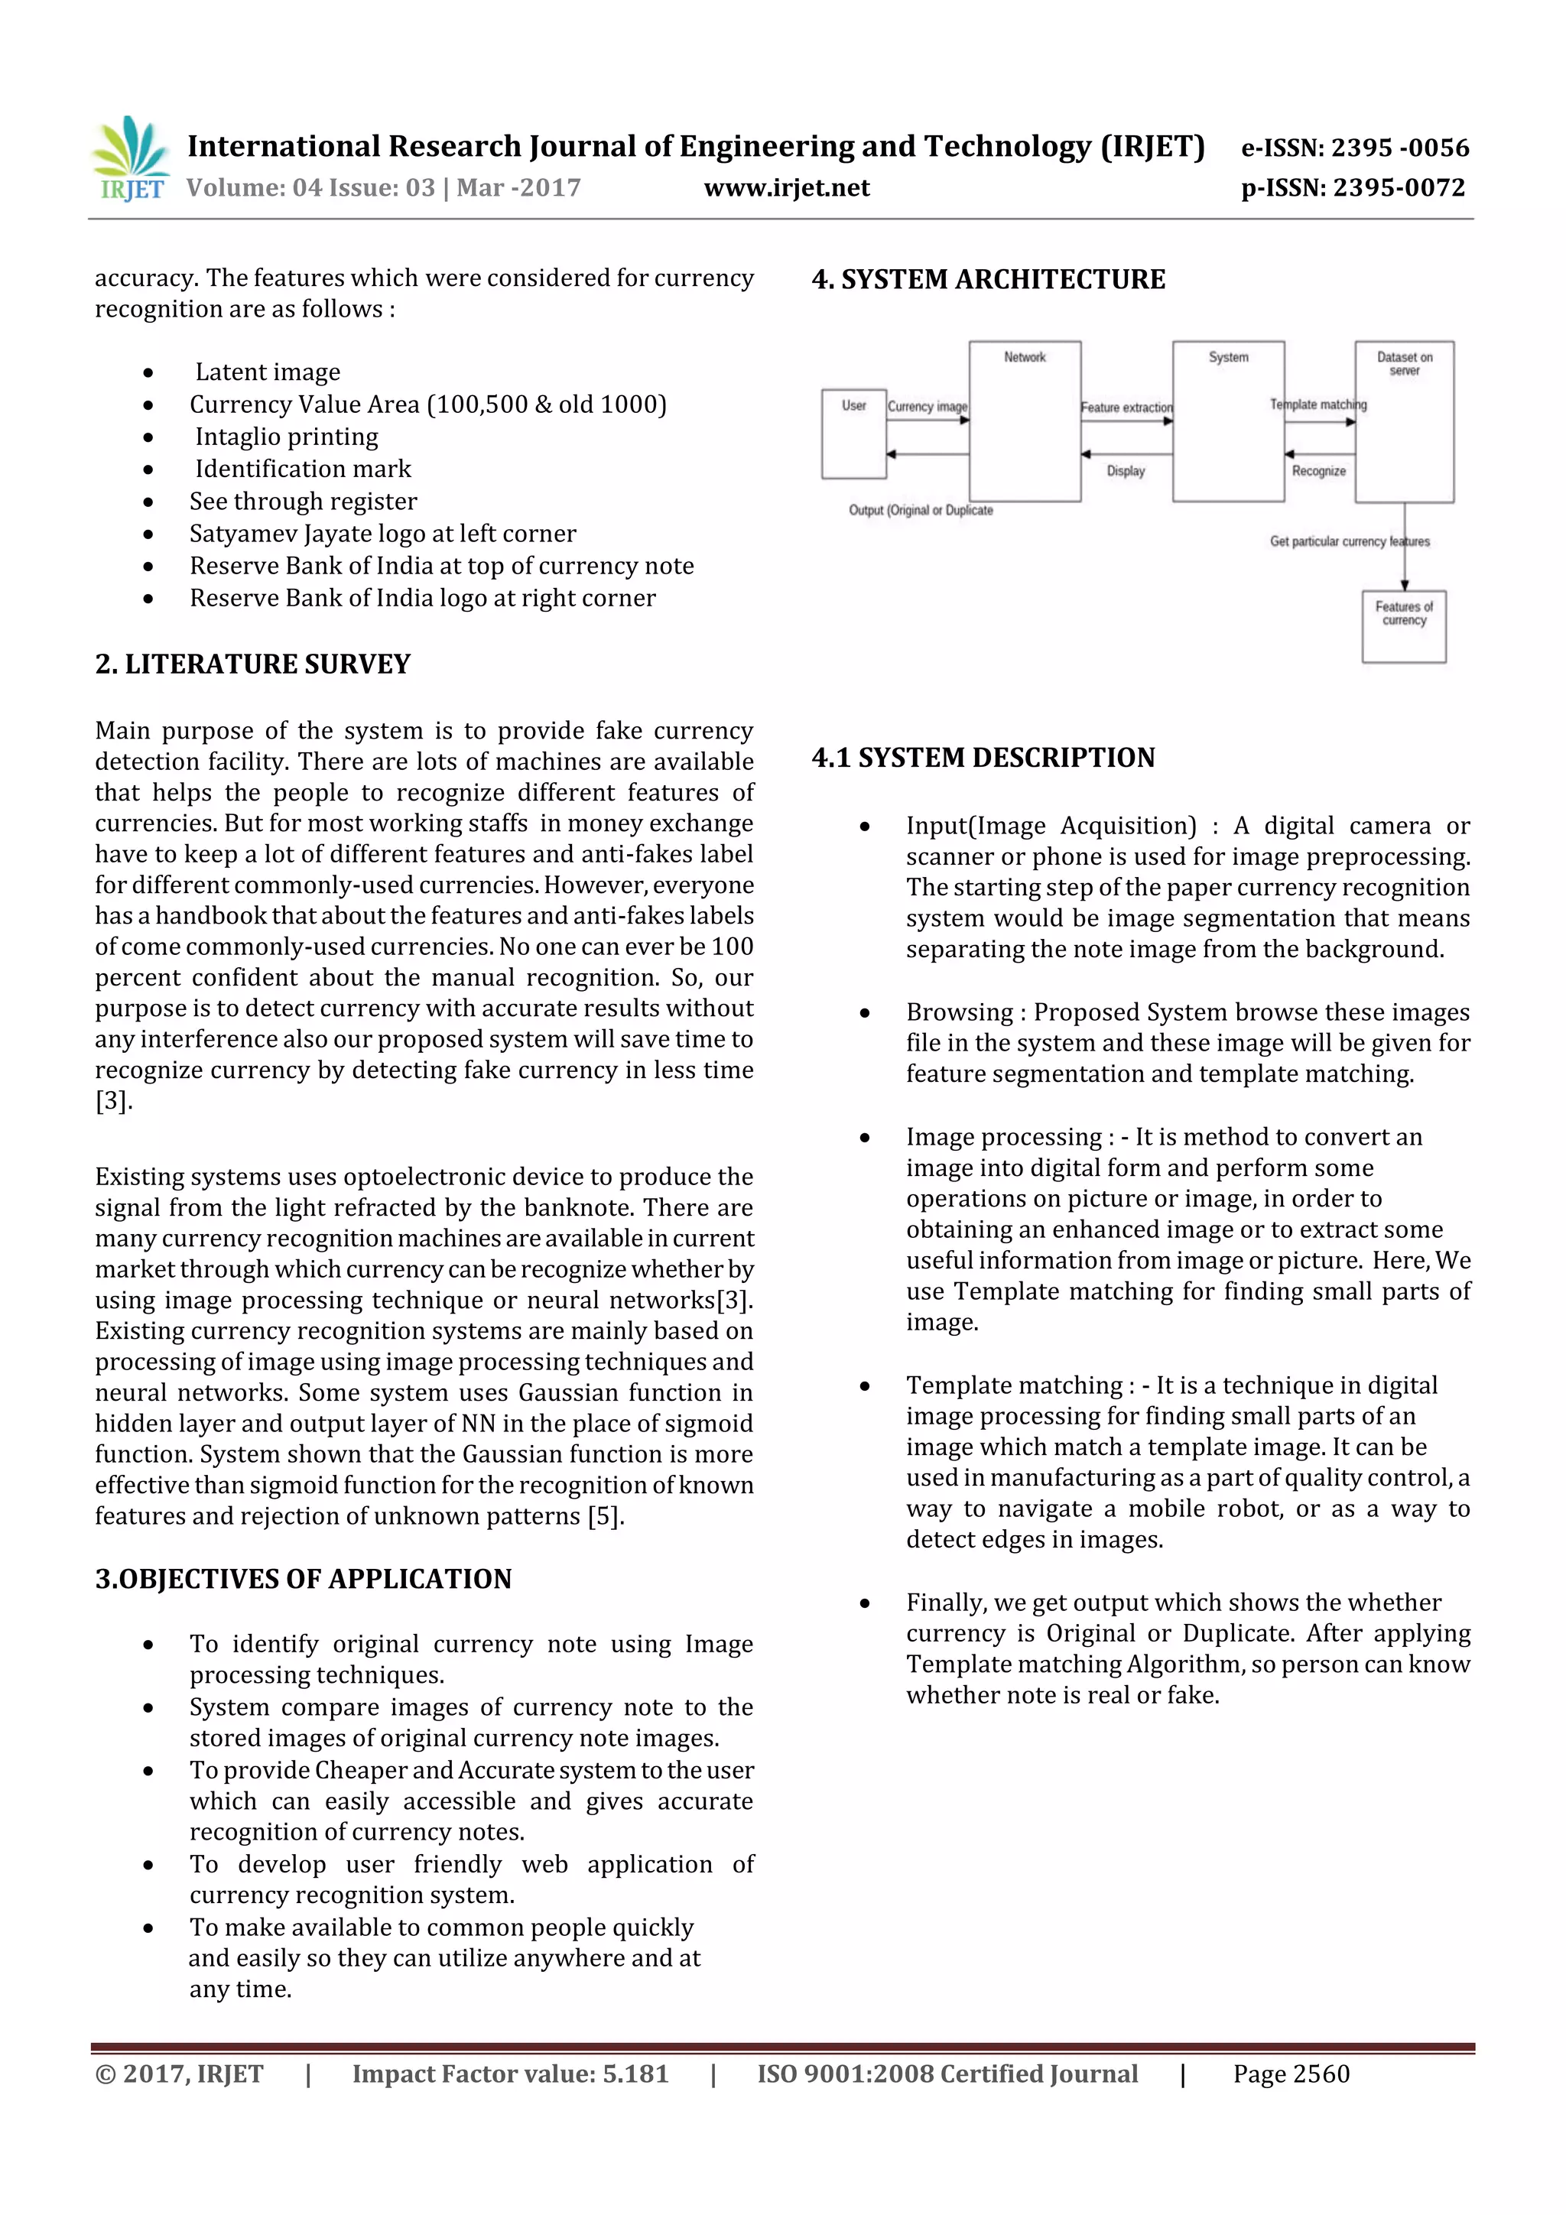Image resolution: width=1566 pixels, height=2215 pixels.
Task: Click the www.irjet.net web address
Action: point(786,188)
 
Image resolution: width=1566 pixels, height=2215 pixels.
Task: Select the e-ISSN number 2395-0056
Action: point(1353,148)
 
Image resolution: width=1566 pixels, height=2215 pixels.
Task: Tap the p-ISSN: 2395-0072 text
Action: point(1353,188)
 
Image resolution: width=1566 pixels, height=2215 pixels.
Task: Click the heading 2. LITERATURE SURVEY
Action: point(253,664)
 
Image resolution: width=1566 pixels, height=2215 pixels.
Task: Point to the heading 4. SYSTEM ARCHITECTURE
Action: point(988,280)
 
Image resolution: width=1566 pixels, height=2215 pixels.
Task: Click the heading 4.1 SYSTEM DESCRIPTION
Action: point(983,757)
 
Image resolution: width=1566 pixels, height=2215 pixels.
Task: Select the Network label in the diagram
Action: point(1024,357)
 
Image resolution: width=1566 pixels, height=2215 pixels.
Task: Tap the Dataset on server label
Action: point(1404,364)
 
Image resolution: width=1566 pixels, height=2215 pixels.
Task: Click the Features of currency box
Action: point(1404,626)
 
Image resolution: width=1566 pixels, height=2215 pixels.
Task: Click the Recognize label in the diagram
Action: point(1318,471)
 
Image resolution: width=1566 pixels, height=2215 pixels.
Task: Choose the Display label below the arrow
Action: point(1125,471)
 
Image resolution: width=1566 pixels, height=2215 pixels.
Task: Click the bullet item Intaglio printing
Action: point(287,437)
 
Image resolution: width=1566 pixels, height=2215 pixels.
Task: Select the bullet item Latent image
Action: point(268,372)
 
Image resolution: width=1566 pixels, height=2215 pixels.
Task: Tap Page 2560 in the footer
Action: point(1290,2074)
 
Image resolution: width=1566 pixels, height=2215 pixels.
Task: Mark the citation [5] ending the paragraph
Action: point(604,1516)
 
